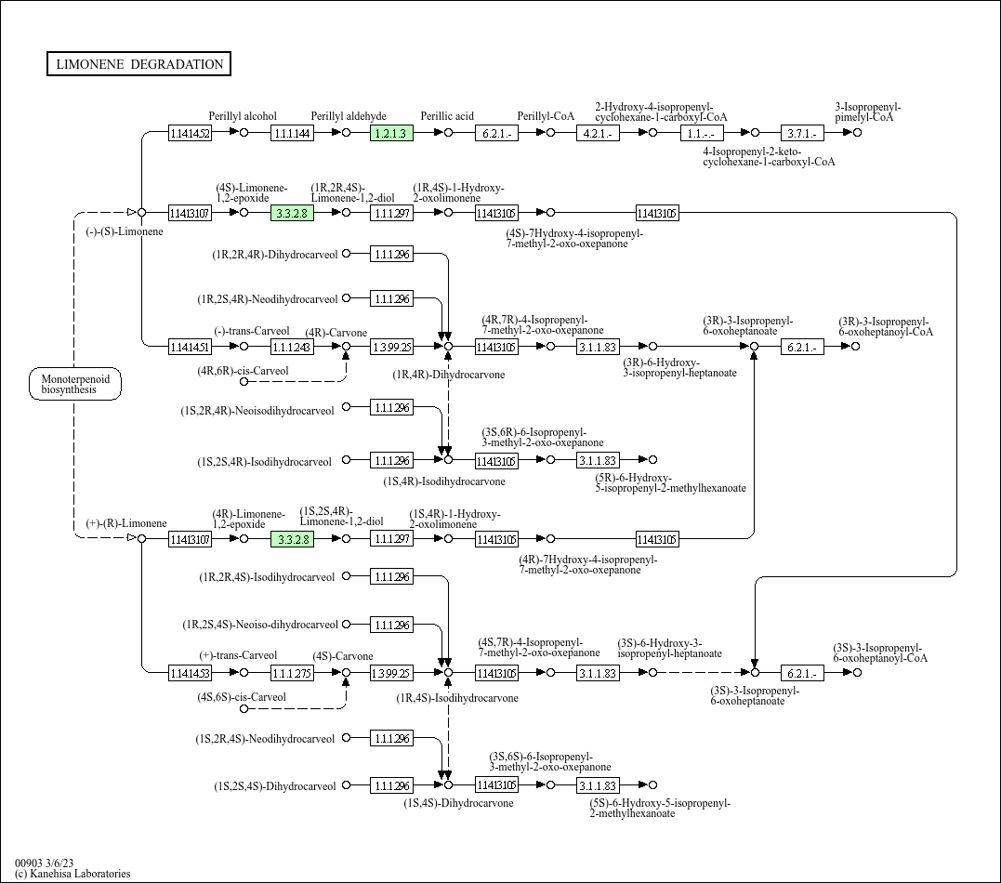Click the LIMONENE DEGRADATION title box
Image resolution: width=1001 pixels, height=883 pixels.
pyautogui.click(x=139, y=64)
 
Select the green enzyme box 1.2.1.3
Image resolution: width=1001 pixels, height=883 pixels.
pyautogui.click(x=391, y=133)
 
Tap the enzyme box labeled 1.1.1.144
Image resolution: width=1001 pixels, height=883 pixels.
pyautogui.click(x=292, y=133)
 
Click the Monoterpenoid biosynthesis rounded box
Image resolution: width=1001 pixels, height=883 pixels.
pyautogui.click(x=75, y=384)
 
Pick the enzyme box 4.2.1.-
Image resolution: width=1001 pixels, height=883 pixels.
pyautogui.click(x=598, y=133)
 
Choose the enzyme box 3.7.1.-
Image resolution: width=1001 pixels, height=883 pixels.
pyautogui.click(x=802, y=133)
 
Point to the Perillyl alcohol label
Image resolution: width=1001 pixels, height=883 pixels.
pyautogui.click(x=243, y=116)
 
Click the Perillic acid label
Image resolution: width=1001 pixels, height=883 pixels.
pyautogui.click(x=447, y=116)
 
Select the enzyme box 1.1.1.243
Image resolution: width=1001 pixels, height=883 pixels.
pyautogui.click(x=292, y=347)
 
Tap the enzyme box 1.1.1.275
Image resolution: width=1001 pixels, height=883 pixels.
pyautogui.click(x=292, y=672)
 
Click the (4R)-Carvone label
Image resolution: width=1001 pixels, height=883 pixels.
pyautogui.click(x=336, y=333)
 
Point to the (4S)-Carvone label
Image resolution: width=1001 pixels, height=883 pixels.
pyautogui.click(x=343, y=656)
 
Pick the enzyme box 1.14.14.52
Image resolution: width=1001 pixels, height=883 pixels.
pyautogui.click(x=190, y=133)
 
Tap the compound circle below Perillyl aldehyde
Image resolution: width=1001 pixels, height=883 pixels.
pyautogui.click(x=346, y=133)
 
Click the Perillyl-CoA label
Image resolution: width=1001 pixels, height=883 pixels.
pyautogui.click(x=547, y=116)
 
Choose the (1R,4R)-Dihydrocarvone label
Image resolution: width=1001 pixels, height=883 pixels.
pyautogui.click(x=449, y=375)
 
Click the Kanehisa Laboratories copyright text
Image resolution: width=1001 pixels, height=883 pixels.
pyautogui.click(x=72, y=874)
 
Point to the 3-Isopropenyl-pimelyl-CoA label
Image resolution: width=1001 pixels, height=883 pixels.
pyautogui.click(x=867, y=112)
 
